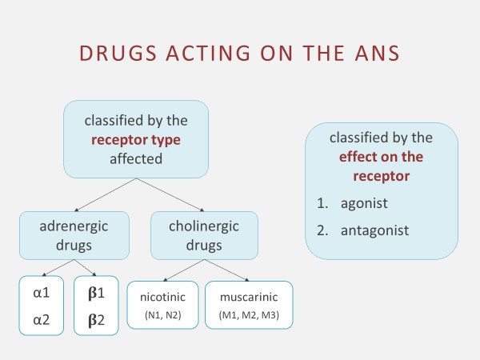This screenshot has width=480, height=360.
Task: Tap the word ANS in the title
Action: click(375, 54)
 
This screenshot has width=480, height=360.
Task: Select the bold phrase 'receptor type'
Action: click(136, 140)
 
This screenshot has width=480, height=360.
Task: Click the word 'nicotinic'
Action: click(163, 298)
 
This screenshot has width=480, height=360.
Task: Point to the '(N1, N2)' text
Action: click(163, 315)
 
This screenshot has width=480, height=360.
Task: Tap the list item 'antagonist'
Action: click(373, 230)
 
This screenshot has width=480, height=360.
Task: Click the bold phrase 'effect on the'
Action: click(380, 156)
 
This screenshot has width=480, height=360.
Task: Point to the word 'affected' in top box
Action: click(136, 158)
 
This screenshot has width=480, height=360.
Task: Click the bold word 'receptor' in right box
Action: click(380, 175)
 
